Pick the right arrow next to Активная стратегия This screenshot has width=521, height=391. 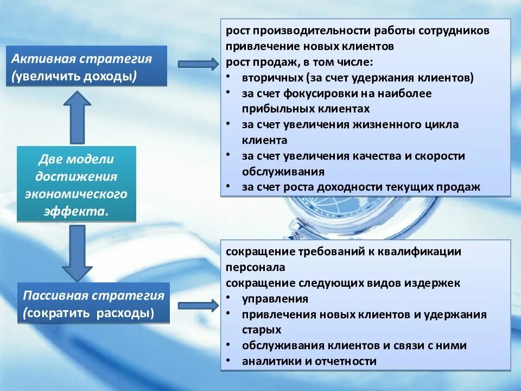pyautogui.click(x=198, y=64)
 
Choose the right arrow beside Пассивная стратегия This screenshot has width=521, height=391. pyautogui.click(x=198, y=305)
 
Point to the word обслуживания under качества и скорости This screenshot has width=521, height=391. pyautogui.click(x=283, y=172)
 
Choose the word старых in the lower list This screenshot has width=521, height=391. pyautogui.click(x=262, y=330)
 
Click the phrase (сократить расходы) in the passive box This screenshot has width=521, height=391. pyautogui.click(x=88, y=313)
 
